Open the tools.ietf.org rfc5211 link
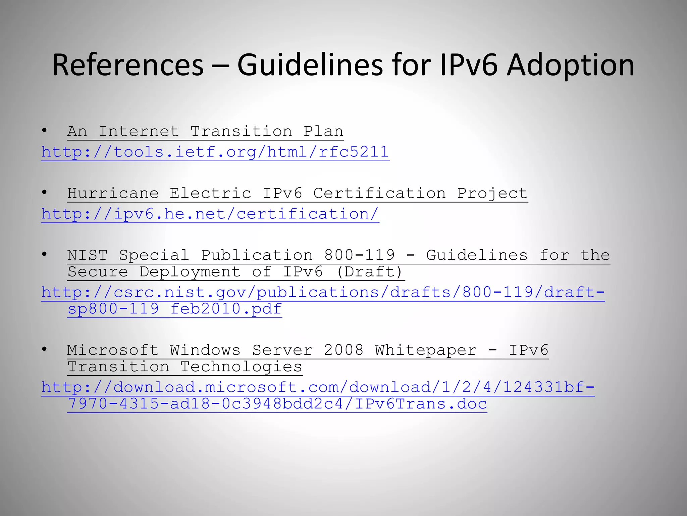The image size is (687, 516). [x=215, y=152]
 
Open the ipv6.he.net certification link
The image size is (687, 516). [x=210, y=214]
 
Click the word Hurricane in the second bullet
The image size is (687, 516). [x=113, y=193]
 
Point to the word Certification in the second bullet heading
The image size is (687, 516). [x=379, y=193]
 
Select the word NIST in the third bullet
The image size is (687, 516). [x=87, y=255]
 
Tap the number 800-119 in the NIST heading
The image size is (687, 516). [x=359, y=255]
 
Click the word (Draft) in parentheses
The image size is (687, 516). [x=369, y=272]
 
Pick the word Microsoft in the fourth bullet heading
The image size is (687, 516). [x=113, y=350]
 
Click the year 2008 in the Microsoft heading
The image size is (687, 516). [x=343, y=350]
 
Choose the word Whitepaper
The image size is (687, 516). [x=426, y=350]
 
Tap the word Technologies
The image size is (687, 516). [x=241, y=367]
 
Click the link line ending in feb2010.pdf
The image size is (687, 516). [x=174, y=309]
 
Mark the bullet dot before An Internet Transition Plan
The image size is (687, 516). [x=44, y=130]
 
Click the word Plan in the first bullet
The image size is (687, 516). [x=323, y=131]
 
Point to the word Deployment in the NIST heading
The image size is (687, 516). [x=190, y=272]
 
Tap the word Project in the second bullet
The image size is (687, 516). [x=492, y=193]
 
